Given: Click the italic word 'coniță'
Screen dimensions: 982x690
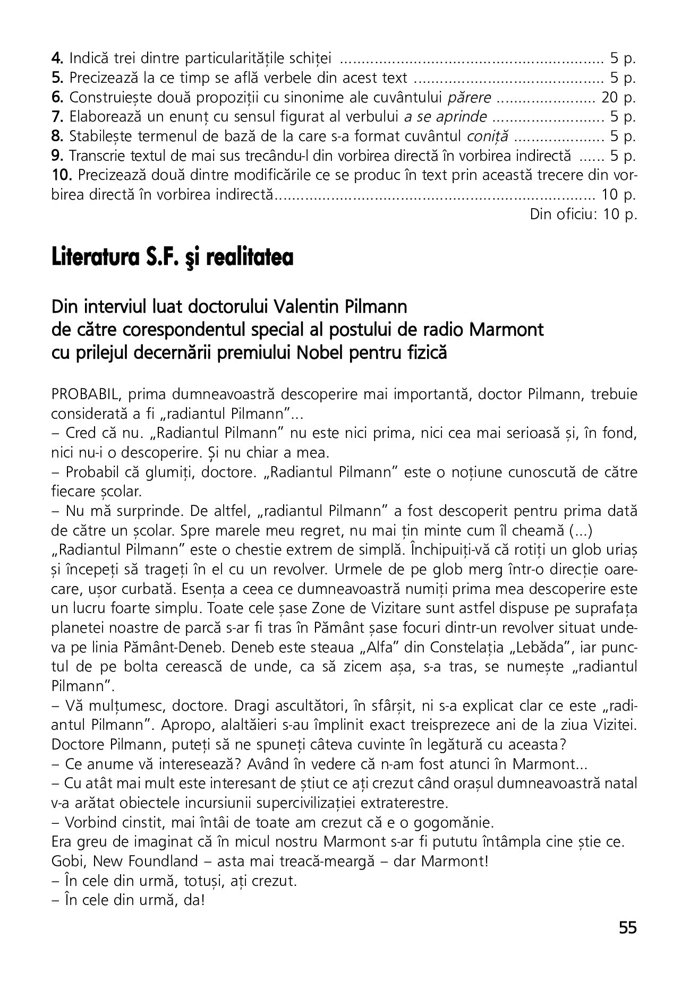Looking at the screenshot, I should (488, 136).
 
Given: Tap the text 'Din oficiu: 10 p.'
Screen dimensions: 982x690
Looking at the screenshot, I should (583, 214).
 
